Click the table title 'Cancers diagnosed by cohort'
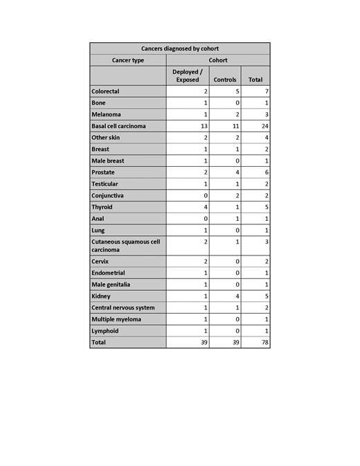pos(179,48)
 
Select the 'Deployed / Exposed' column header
pos(187,75)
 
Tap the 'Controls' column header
pos(225,80)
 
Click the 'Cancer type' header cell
pos(128,60)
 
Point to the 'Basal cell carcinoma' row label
pos(118,126)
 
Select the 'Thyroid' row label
pos(102,207)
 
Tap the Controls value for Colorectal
pos(237,91)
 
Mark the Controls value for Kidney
pos(237,296)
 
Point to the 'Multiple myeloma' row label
pos(116,319)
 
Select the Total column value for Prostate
pos(266,172)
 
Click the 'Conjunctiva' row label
pos(108,195)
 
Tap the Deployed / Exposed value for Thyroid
pos(206,207)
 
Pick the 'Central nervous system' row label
pos(123,307)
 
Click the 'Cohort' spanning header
pos(218,60)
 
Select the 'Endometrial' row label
pos(108,273)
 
